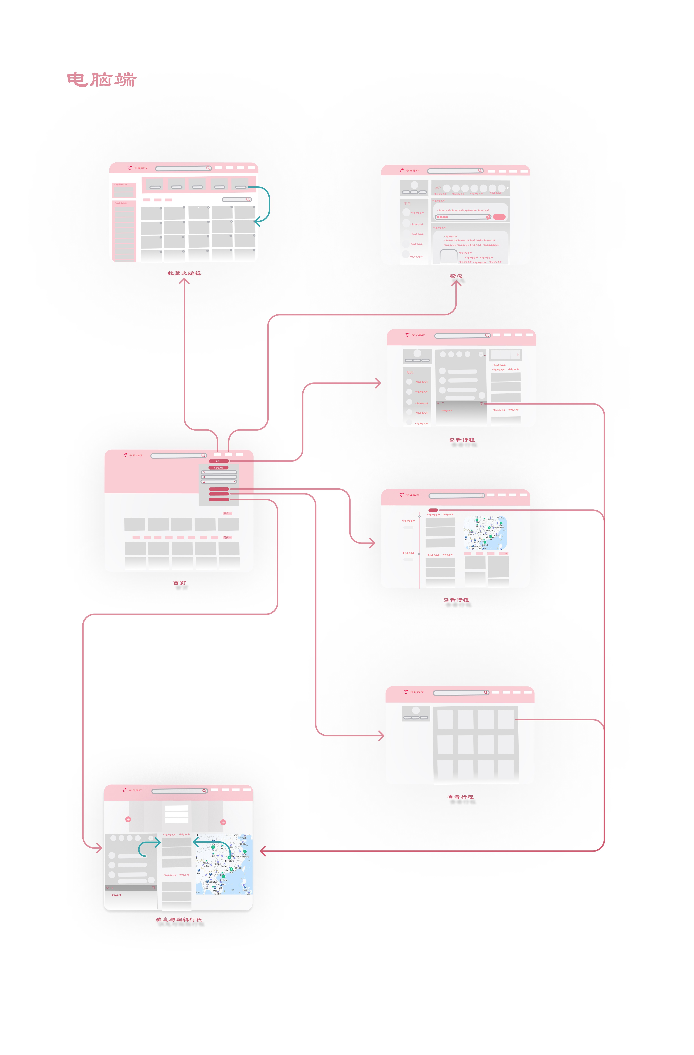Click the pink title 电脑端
(102, 80)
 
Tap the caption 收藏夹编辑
(184, 273)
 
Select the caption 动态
(456, 275)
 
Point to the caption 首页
(179, 583)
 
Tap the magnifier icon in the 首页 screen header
(203, 455)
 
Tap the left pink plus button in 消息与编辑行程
(128, 819)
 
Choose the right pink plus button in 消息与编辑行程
(223, 822)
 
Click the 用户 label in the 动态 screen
(438, 188)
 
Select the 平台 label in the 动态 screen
(407, 203)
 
